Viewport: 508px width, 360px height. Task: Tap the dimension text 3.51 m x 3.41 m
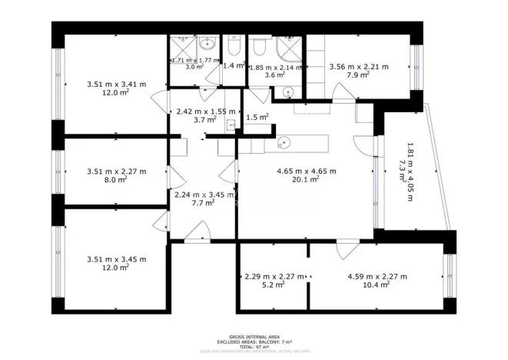point(115,84)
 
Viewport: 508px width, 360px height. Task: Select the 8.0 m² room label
point(115,180)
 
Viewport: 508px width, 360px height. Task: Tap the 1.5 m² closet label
point(257,117)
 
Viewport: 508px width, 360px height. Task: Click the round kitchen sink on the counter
point(284,142)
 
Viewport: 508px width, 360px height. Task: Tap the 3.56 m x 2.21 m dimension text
point(358,67)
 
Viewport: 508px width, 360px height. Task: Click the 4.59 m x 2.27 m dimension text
point(377,276)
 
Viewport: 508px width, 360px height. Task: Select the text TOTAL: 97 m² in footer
point(254,347)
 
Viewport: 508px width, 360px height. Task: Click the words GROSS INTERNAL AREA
point(254,336)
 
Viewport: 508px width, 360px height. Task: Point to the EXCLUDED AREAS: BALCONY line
point(254,342)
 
